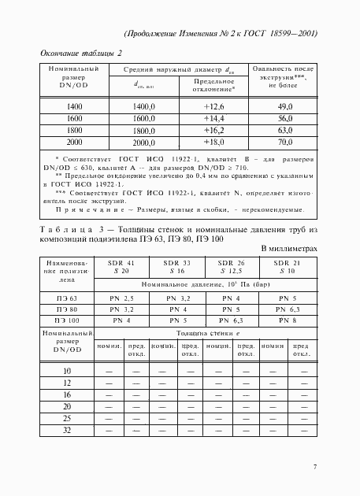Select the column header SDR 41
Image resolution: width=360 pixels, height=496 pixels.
(x=117, y=262)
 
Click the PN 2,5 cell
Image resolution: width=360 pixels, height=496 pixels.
(x=117, y=298)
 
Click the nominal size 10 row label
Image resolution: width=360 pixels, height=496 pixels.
(x=66, y=371)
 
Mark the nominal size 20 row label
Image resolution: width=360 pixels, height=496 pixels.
(x=66, y=406)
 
